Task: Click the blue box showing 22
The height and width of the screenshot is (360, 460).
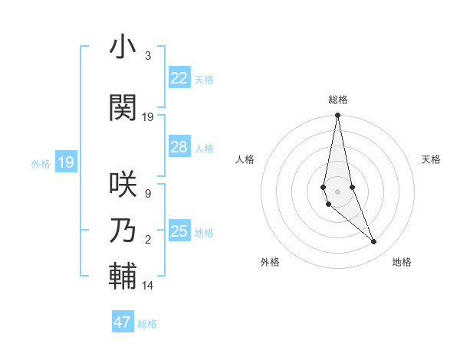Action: (179, 77)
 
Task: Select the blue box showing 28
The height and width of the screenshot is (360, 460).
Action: (179, 147)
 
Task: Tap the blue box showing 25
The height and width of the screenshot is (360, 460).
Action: (179, 231)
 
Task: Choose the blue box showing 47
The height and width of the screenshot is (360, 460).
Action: (123, 322)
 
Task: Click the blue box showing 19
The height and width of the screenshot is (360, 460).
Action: (65, 162)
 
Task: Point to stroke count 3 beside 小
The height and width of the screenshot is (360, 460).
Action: (147, 57)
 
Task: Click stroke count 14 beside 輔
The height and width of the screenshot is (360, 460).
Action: (148, 286)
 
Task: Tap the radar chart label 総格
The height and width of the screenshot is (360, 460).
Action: (337, 100)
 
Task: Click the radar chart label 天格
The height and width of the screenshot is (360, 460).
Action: (431, 159)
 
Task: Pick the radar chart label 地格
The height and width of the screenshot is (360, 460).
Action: (402, 262)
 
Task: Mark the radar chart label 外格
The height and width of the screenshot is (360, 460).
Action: (270, 262)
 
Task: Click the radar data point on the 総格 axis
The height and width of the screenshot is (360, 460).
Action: (337, 116)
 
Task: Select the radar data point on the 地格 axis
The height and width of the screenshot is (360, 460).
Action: (374, 242)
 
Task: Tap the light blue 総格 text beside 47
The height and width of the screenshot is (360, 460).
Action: (147, 324)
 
